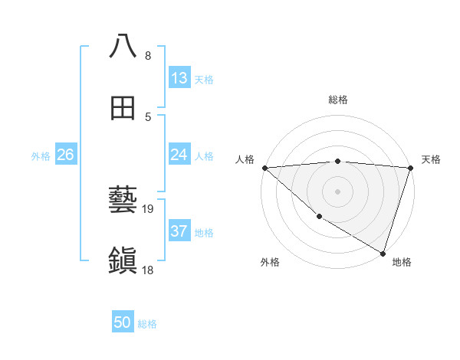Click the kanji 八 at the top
(x=123, y=46)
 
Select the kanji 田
(x=123, y=108)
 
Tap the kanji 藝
(x=123, y=199)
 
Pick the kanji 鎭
(x=123, y=260)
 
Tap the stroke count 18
(x=149, y=270)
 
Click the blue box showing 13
(x=179, y=78)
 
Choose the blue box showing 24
(x=179, y=155)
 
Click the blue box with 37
(x=179, y=231)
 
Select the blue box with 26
(x=65, y=155)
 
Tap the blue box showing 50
(x=123, y=322)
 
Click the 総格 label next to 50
(x=147, y=324)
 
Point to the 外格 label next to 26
(x=41, y=156)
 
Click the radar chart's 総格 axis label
(x=338, y=100)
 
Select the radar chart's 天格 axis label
(x=432, y=159)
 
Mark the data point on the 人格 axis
(x=264, y=168)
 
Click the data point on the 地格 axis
(x=383, y=253)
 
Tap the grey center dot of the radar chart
(x=337, y=191)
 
